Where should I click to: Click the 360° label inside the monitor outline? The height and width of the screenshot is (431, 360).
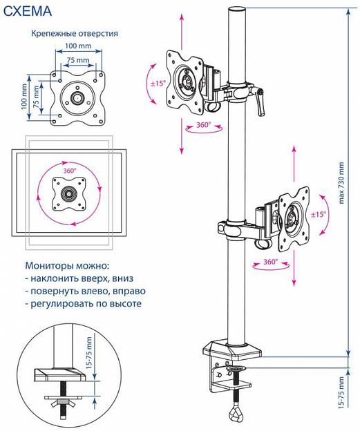click(x=70, y=170)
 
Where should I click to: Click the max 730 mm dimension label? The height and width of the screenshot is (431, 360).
click(x=340, y=186)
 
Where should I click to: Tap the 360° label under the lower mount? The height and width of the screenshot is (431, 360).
click(x=271, y=262)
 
